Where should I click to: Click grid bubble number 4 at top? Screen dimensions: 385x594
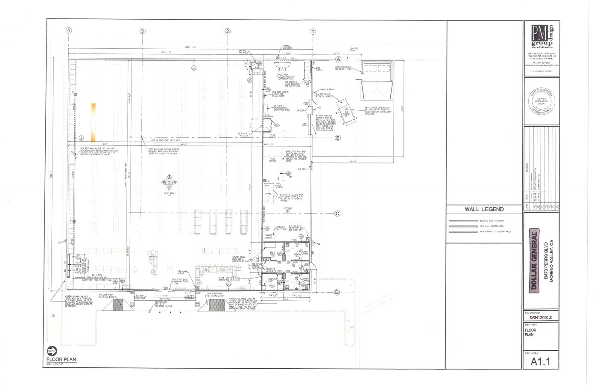coord(68,31)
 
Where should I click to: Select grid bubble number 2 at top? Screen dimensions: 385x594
coord(228,31)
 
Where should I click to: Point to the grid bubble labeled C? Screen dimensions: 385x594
coord(337,213)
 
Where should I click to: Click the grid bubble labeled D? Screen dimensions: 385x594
coord(337,292)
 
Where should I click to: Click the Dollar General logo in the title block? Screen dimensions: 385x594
coord(533,261)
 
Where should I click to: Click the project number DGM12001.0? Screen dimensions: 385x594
coord(541,317)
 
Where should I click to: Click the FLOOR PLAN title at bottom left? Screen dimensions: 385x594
coord(61,359)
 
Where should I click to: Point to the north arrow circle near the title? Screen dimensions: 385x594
coord(52,349)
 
